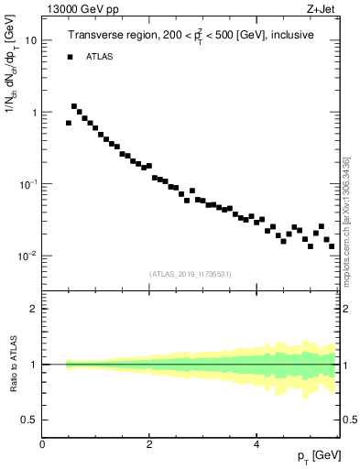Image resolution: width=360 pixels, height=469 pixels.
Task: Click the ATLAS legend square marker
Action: coord(69,57)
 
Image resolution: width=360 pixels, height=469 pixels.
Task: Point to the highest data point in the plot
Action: coord(74,106)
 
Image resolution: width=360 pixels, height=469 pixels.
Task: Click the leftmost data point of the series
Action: coord(69,123)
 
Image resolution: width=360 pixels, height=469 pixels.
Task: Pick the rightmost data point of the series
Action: coord(332,245)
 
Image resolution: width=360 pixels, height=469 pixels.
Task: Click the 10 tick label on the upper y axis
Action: coord(31,40)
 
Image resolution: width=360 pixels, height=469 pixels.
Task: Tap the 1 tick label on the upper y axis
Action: coord(34,113)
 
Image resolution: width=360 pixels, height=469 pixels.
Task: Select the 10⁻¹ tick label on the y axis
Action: coord(29,184)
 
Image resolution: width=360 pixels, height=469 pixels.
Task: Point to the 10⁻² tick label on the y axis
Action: coord(29,256)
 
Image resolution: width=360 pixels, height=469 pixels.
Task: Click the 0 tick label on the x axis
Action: coord(42,443)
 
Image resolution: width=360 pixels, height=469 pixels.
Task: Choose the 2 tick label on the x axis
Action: coord(149,443)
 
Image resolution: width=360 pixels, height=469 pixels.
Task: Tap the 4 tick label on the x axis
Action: coord(256,443)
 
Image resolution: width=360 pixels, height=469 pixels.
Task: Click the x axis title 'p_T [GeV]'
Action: coord(318,455)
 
